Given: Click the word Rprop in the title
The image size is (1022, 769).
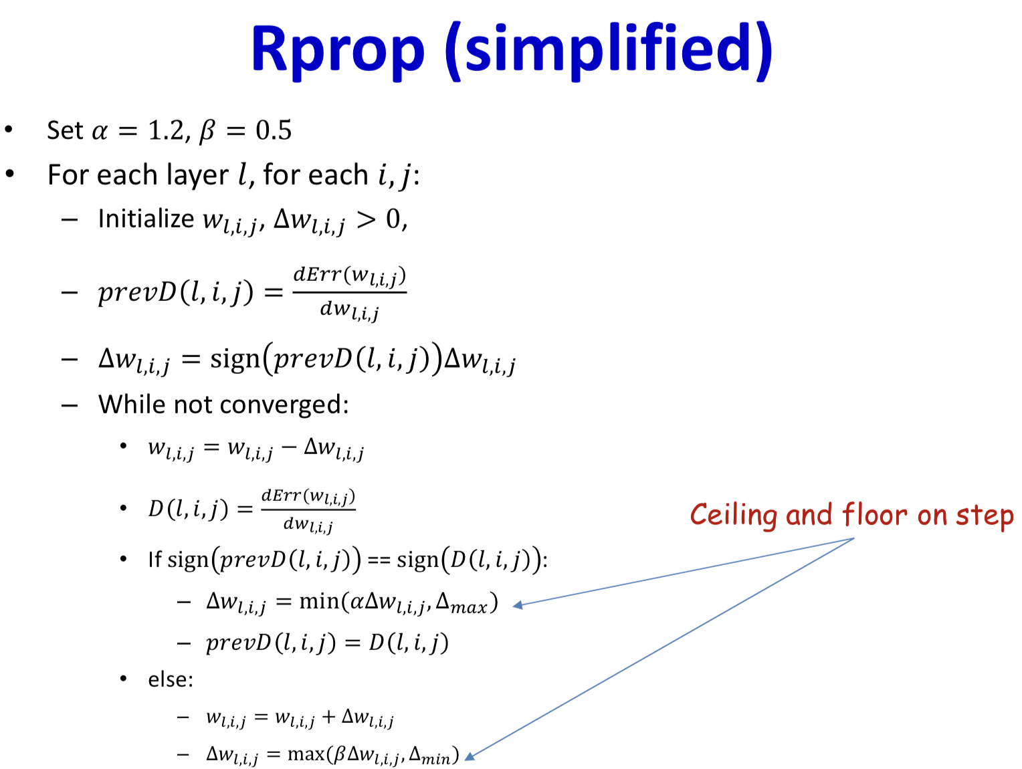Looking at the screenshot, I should [338, 51].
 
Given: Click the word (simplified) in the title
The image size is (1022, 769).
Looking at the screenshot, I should [609, 51].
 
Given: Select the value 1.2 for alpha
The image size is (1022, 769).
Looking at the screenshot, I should [165, 130].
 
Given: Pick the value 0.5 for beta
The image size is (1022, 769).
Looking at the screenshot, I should [274, 130].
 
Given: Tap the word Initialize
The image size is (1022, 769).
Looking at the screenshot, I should [146, 219].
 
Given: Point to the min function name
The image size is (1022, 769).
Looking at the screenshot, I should [319, 602].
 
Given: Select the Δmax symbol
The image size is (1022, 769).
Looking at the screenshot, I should [462, 604].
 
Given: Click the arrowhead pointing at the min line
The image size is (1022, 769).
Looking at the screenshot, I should [517, 605].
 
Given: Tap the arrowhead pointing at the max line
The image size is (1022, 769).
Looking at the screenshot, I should [470, 756].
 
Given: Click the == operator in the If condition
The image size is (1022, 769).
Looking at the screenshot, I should [379, 560].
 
